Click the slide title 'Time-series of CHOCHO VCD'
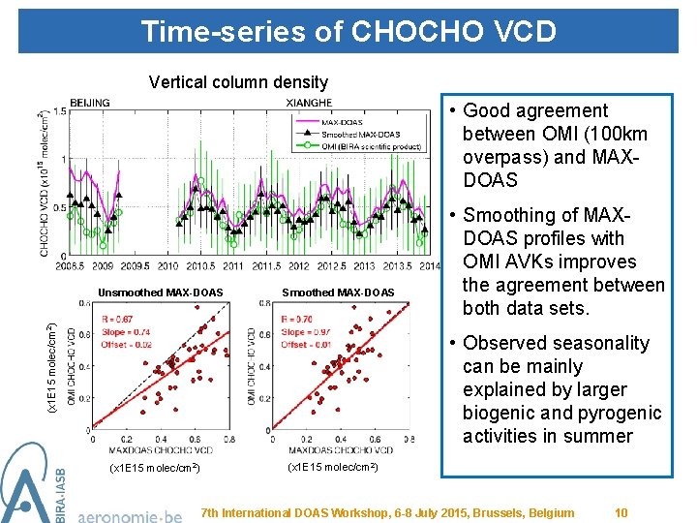(x=348, y=31)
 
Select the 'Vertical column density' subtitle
(x=238, y=82)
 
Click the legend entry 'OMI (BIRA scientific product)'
(x=371, y=146)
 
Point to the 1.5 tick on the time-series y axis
(x=59, y=112)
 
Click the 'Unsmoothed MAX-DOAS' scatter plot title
(x=161, y=292)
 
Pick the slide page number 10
(x=621, y=512)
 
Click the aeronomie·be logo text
(x=129, y=515)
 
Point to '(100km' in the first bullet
(x=615, y=134)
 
